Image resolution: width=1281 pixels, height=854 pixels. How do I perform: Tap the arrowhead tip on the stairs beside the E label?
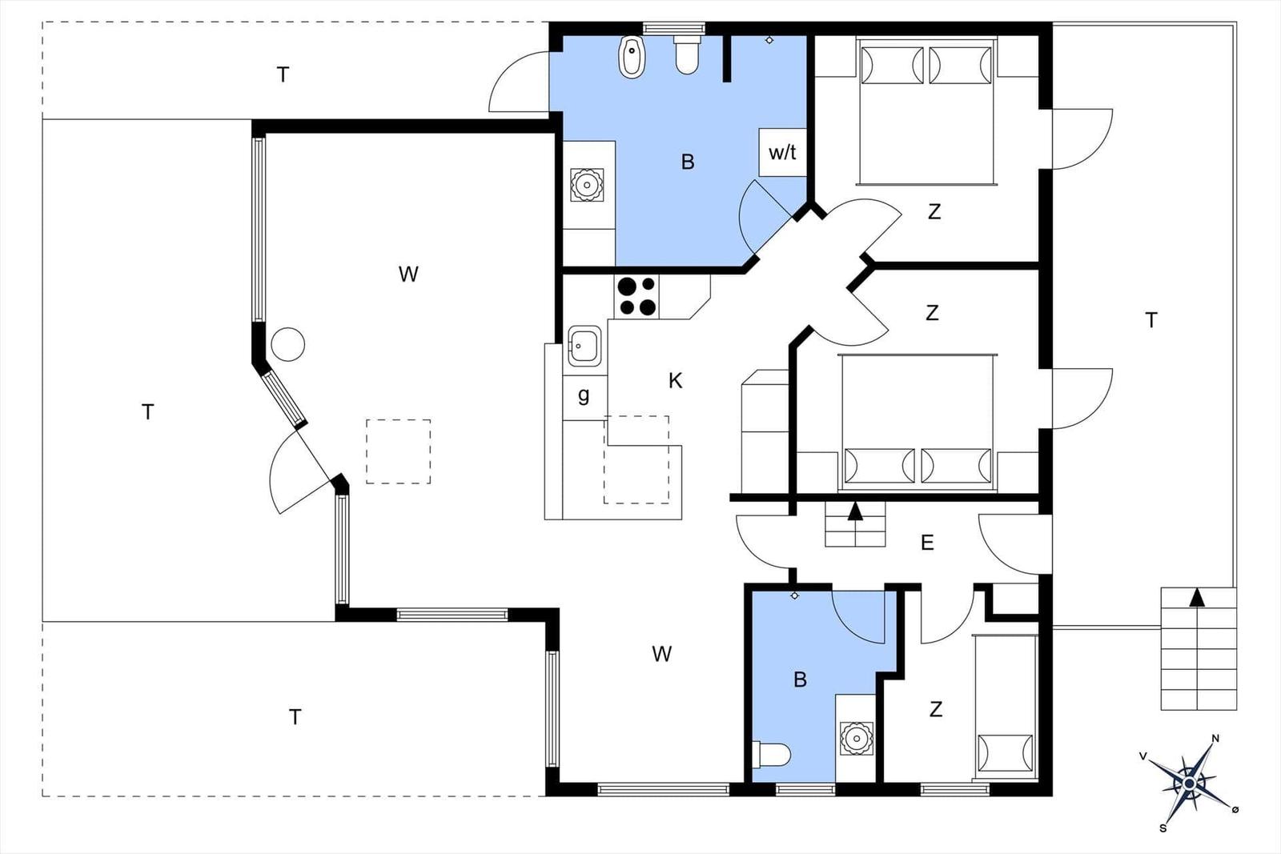[855, 502]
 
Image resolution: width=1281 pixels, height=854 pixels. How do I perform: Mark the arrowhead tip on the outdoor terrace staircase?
[1196, 588]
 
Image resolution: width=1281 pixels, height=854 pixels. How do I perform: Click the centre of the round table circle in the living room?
[287, 344]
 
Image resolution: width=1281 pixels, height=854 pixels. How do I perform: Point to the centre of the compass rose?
[1190, 783]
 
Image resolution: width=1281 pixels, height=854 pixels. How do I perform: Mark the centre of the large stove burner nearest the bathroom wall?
[627, 286]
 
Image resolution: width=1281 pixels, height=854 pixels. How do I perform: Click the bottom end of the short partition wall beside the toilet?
[727, 82]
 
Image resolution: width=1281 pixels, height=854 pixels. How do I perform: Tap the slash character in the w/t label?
[783, 152]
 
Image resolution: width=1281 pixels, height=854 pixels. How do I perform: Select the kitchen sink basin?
[584, 346]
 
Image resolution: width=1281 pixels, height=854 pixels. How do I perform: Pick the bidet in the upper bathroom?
[631, 57]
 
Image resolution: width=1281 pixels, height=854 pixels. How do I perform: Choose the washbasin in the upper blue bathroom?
[587, 185]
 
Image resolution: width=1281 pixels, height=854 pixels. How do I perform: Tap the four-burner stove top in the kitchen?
[637, 296]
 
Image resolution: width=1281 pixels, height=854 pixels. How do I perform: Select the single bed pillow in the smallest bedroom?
[1006, 753]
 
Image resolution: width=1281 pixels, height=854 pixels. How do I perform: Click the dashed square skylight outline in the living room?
[399, 451]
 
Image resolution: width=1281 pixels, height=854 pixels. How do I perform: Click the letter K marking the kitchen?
[676, 380]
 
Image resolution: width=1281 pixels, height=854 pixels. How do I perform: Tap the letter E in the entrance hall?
[928, 542]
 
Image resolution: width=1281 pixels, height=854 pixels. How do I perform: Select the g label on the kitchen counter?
[584, 395]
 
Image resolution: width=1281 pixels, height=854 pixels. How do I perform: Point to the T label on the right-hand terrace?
[1151, 320]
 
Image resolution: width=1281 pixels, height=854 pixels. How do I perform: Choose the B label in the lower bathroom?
[800, 680]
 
